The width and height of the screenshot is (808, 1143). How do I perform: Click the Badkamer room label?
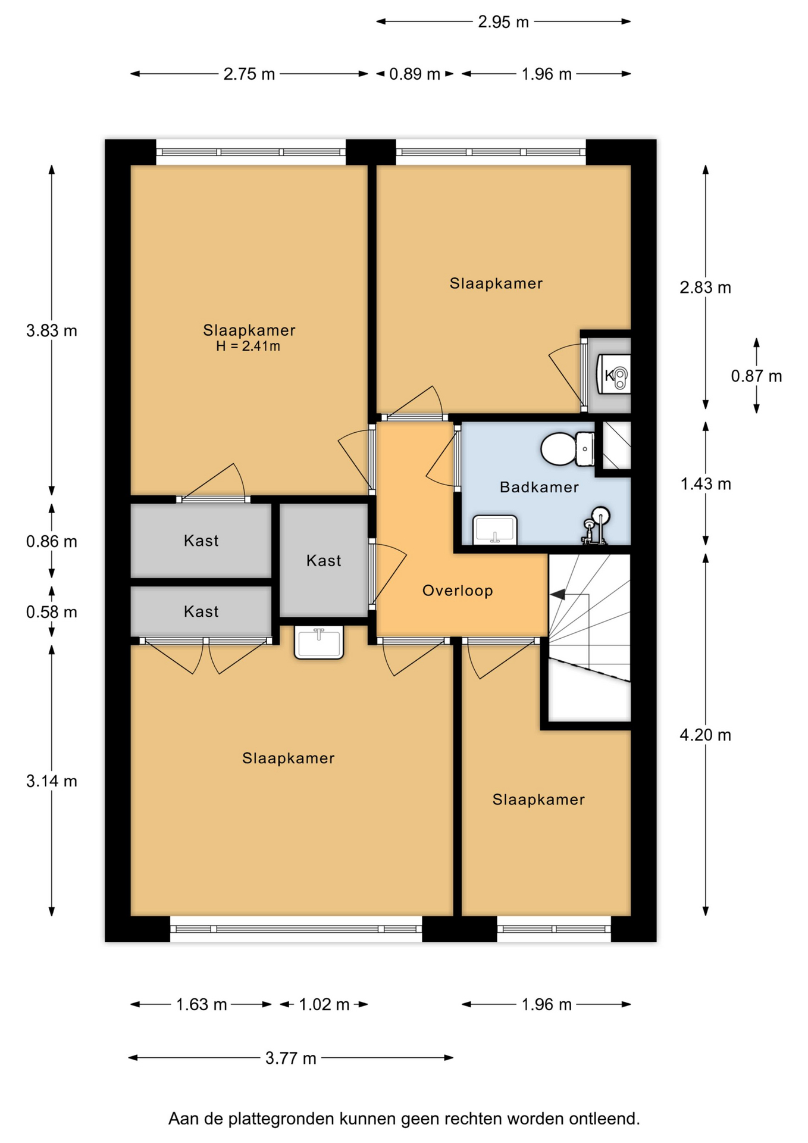point(539,487)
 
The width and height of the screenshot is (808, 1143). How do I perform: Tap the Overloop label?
point(458,591)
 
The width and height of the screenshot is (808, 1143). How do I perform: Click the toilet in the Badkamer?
point(568,449)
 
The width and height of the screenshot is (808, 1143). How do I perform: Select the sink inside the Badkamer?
point(494,530)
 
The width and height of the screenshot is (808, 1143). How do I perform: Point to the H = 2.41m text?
point(248,346)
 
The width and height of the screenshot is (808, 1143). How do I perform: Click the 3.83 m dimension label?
point(52,330)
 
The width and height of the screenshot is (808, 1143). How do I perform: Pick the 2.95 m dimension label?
point(503,22)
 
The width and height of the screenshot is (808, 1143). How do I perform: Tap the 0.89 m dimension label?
point(415,74)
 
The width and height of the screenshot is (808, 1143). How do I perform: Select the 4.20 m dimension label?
point(706,735)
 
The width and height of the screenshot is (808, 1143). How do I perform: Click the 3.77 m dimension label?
point(291,1058)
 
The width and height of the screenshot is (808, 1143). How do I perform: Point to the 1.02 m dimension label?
point(324,1004)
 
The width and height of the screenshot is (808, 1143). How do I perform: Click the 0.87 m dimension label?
point(757,376)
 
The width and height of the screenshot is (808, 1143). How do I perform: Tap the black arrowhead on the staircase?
point(558,594)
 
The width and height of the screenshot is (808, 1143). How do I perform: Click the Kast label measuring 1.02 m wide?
point(324,560)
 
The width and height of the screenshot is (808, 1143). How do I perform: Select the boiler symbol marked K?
point(613,375)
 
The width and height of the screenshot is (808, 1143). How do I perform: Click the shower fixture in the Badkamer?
point(596,525)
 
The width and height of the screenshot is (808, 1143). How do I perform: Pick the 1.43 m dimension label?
point(706,483)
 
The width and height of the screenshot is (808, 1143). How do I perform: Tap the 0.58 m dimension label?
point(52,612)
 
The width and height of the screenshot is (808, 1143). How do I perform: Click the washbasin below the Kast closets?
point(319,642)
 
